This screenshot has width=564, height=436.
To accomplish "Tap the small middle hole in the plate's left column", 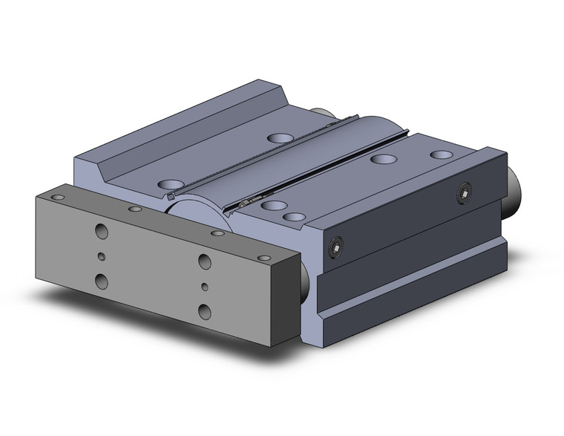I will [x=102, y=257].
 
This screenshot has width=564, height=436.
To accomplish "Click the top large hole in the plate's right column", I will [x=203, y=261].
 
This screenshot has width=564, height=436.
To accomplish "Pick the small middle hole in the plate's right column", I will [x=205, y=286].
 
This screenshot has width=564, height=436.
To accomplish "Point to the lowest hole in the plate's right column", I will [x=205, y=310].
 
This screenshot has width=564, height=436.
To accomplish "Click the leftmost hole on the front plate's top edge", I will [x=57, y=197].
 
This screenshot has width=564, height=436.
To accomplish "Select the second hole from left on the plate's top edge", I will [x=134, y=210].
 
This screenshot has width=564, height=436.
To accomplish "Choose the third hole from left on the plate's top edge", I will [x=217, y=233].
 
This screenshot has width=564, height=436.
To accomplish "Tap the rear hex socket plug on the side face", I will [x=465, y=195].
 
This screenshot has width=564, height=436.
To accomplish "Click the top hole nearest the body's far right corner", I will [x=442, y=154].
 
